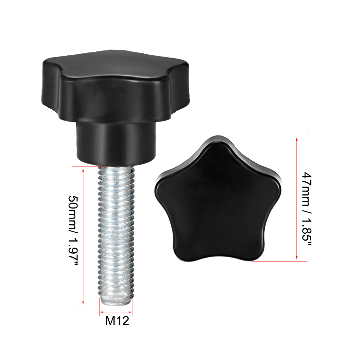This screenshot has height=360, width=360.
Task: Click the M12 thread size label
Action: pyautogui.click(x=117, y=321)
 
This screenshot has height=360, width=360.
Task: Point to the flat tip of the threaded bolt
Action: pyautogui.click(x=116, y=300)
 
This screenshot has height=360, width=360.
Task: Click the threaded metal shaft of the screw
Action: pyautogui.click(x=116, y=229)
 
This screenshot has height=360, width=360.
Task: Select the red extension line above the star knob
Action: pyautogui.click(x=262, y=135)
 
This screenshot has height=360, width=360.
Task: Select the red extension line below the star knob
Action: pyautogui.click(x=281, y=261)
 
